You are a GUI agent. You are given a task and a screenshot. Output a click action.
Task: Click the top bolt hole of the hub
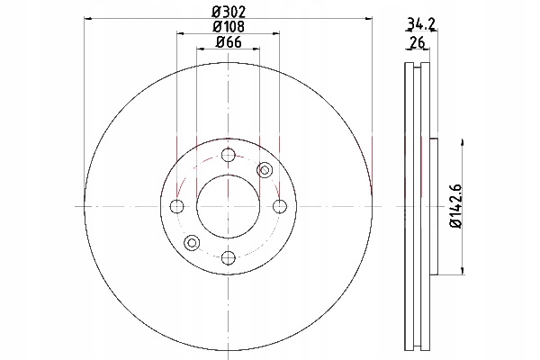[226, 156]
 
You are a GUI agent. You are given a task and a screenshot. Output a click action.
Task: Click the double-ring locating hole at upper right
[265, 170]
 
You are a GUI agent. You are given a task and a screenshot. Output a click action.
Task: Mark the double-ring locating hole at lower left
[191, 242]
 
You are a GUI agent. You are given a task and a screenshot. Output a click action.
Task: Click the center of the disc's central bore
[227, 207]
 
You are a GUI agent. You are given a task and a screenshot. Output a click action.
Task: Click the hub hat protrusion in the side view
[435, 207]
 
